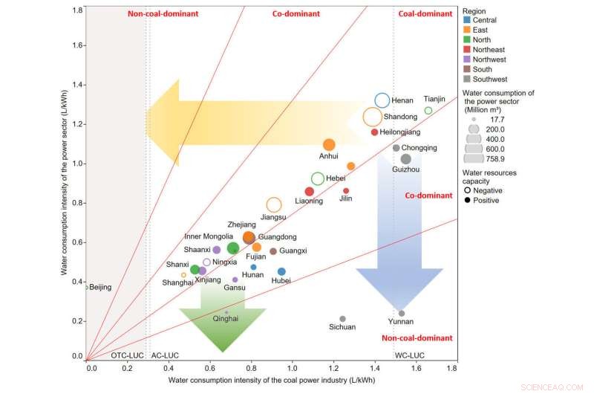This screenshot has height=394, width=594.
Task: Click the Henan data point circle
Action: [382, 100]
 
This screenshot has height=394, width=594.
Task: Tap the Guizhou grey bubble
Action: [405, 159]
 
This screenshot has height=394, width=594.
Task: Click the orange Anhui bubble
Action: [329, 145]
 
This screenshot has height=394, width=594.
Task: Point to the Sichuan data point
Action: [342, 319]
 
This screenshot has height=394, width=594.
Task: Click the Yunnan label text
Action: [401, 322]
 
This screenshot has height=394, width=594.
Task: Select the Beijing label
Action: [100, 287]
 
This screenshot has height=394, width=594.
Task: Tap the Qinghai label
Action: [226, 318]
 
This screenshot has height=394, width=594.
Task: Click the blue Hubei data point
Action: [281, 272]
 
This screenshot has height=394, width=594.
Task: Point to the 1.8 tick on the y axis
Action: [77, 10]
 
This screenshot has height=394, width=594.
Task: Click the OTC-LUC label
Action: [127, 356]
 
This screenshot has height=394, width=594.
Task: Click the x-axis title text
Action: [270, 381]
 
